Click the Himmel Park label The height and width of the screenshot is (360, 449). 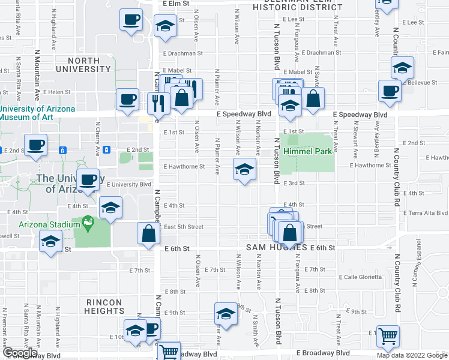click(x=308, y=152)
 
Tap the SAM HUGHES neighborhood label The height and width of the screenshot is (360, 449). click(x=276, y=247)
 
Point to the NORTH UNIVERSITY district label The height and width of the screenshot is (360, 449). click(x=83, y=65)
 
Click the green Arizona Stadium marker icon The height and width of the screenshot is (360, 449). click(x=88, y=224)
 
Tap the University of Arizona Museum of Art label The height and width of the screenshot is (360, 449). click(x=37, y=113)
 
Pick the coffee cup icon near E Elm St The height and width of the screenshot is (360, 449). click(x=130, y=20)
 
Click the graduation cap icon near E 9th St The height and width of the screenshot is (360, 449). click(x=226, y=314)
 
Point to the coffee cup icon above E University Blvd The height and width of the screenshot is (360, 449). click(x=88, y=180)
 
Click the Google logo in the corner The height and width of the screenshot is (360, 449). click(x=20, y=353)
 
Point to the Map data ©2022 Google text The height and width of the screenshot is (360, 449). click(x=411, y=355)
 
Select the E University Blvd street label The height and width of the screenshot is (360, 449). click(x=129, y=185)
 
